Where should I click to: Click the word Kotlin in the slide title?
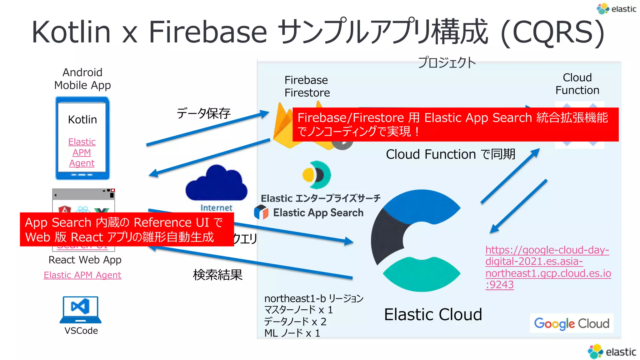(x=71, y=32)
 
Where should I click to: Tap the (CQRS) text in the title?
(x=552, y=32)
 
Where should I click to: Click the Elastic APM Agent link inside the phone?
(x=82, y=152)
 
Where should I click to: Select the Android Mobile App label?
(x=82, y=79)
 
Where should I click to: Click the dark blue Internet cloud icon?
(x=216, y=184)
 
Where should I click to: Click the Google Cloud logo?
(x=572, y=323)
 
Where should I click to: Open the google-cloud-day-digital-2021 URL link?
(x=547, y=267)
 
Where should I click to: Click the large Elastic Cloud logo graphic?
(x=416, y=241)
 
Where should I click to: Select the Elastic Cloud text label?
(x=433, y=314)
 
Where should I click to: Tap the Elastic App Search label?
(x=318, y=213)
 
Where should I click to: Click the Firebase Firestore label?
(x=307, y=87)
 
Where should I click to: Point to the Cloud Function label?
(x=577, y=84)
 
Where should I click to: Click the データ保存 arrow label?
(x=203, y=113)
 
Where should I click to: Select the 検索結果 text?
(x=217, y=275)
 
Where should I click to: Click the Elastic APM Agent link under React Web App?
(x=82, y=275)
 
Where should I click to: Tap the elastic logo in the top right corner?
(x=616, y=9)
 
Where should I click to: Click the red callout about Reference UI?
(x=127, y=230)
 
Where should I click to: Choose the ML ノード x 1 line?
(x=292, y=333)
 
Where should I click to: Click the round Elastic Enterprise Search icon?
(x=317, y=175)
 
